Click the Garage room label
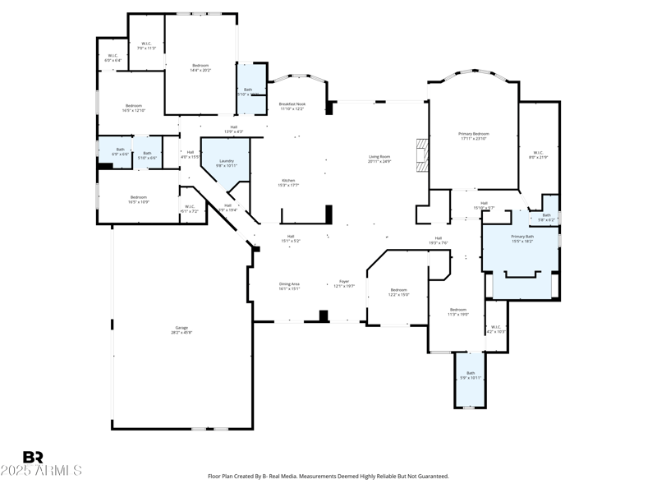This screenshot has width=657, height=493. tap(181, 330)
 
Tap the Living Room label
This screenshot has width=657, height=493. tap(379, 159)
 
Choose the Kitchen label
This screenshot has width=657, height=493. tap(289, 182)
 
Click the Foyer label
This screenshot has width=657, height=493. tap(344, 283)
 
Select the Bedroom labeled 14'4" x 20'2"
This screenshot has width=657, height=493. tap(201, 67)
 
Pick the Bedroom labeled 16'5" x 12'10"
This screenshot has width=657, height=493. tap(133, 108)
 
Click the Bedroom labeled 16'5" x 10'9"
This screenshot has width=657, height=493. tap(139, 199)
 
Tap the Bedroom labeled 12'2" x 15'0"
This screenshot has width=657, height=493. tap(399, 292)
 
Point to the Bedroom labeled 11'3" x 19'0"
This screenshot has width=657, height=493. tap(457, 311)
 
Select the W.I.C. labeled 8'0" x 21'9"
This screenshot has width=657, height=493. tap(538, 154)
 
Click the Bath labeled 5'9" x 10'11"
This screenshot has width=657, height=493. tap(471, 376)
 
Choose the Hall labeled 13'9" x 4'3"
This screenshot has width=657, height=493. tap(233, 129)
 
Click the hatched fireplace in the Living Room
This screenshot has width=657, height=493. tap(422, 155)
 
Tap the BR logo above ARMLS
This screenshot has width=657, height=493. tap(33, 457)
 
